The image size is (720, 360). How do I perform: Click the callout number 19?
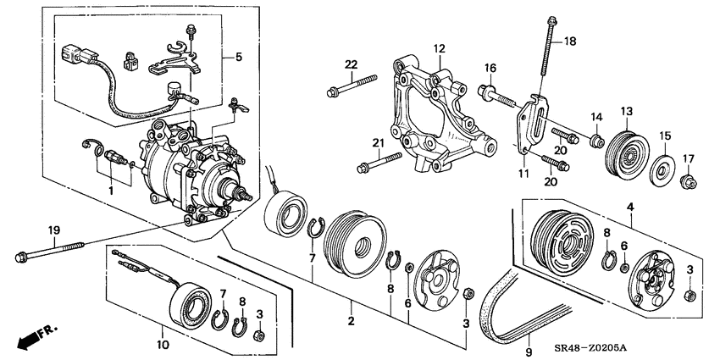(54, 230)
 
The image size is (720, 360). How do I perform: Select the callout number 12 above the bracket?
(440, 48)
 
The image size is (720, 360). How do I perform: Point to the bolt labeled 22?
(352, 85)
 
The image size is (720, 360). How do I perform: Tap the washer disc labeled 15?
(662, 170)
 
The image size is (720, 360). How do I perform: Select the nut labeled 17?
(689, 182)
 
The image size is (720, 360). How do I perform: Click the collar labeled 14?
(597, 141)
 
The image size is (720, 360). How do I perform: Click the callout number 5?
(238, 58)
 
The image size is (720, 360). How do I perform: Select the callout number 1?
(111, 190)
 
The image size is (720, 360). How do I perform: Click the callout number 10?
(163, 344)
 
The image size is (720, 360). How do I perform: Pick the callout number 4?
(630, 208)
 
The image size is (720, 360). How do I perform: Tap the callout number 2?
(352, 321)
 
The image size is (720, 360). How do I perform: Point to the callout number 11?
(524, 174)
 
